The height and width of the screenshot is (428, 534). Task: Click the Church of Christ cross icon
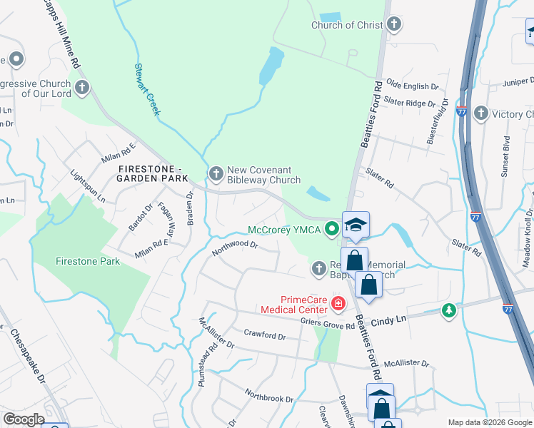(393, 25)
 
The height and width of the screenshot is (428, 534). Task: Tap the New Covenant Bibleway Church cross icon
(216, 173)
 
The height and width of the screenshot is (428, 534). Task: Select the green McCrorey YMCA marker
(331, 230)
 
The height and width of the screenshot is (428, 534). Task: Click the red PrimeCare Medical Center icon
(338, 304)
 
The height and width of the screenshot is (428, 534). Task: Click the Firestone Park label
(88, 261)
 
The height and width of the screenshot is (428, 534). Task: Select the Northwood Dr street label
(234, 247)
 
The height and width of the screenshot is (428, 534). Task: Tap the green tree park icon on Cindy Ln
(448, 310)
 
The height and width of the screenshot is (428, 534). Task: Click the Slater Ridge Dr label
(409, 103)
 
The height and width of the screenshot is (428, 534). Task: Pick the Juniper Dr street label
(508, 82)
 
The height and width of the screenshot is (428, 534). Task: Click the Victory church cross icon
(480, 113)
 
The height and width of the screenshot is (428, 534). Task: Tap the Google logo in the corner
(24, 419)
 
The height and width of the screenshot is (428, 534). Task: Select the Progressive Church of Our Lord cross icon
(82, 88)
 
